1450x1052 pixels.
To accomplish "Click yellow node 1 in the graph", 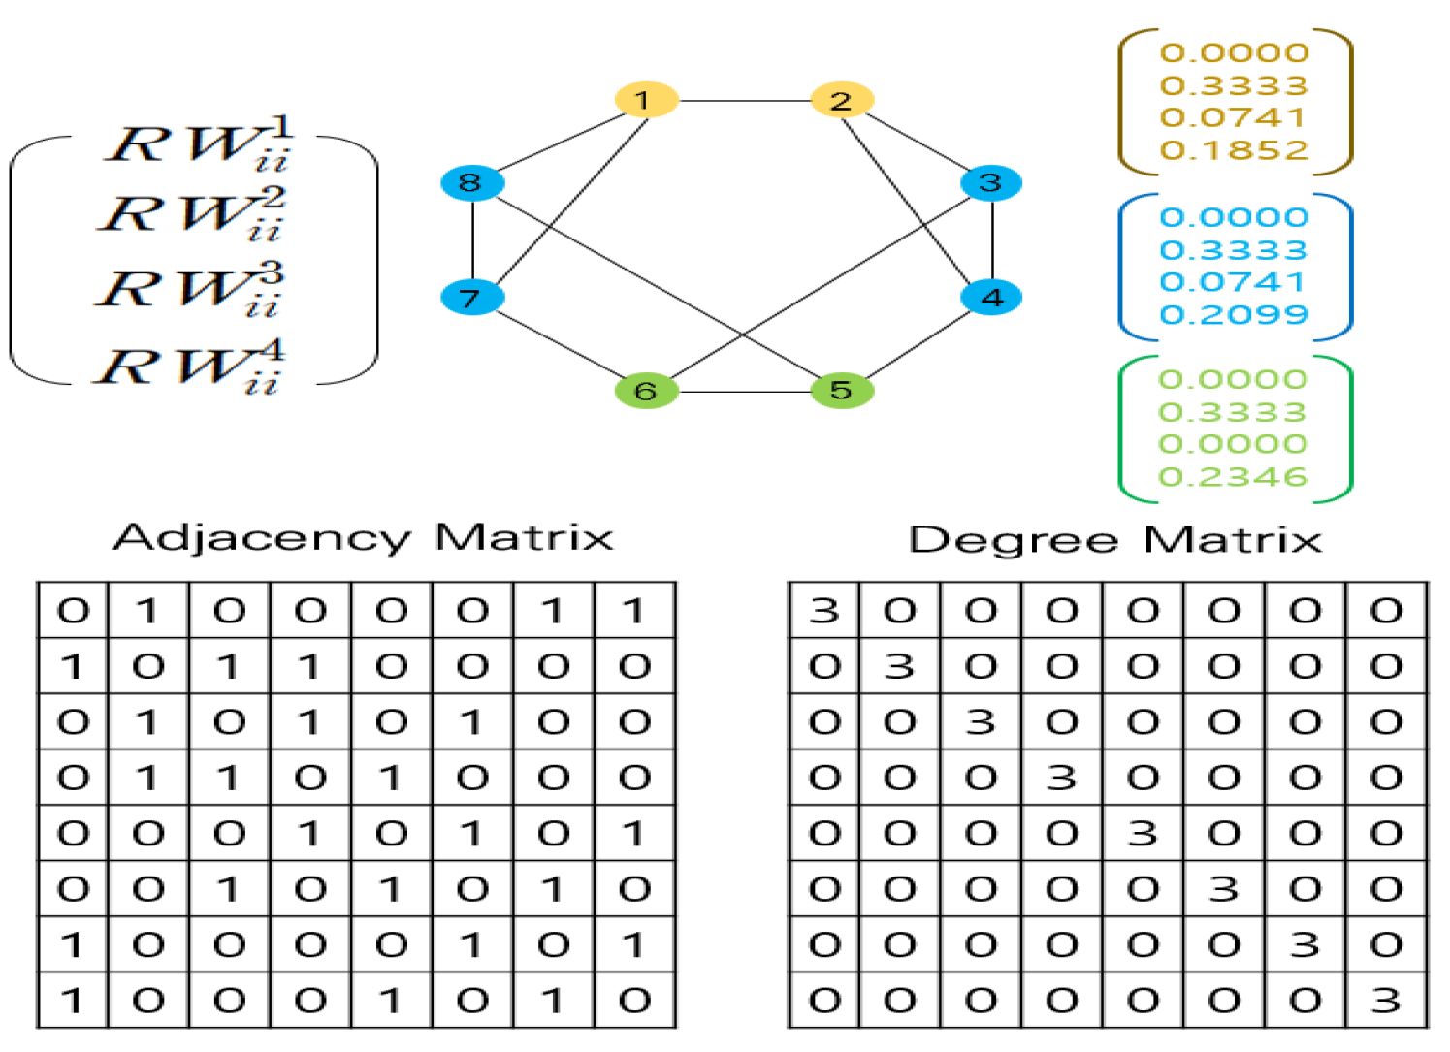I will click(645, 99).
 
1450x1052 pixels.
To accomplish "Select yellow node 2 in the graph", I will click(842, 100).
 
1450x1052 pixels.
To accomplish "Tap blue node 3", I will click(990, 182).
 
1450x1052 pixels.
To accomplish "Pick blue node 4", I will click(991, 297).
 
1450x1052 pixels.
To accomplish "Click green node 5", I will click(842, 390).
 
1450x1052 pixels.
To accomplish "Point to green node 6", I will click(646, 391).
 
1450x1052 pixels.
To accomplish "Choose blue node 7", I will click(471, 297).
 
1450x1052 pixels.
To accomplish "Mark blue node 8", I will click(471, 182).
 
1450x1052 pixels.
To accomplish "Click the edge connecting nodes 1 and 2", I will click(743, 100).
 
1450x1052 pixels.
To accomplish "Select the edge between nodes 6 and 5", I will click(744, 392).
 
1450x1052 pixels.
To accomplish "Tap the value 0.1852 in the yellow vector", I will click(1234, 150).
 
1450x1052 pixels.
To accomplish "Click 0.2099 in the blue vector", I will click(1234, 314).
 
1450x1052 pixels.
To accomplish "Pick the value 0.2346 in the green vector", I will click(1234, 476).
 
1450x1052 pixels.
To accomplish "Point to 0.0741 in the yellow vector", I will click(1234, 117).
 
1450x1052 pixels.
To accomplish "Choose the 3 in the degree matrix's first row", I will click(824, 610).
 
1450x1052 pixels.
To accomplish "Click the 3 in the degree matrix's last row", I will click(1386, 1000).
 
